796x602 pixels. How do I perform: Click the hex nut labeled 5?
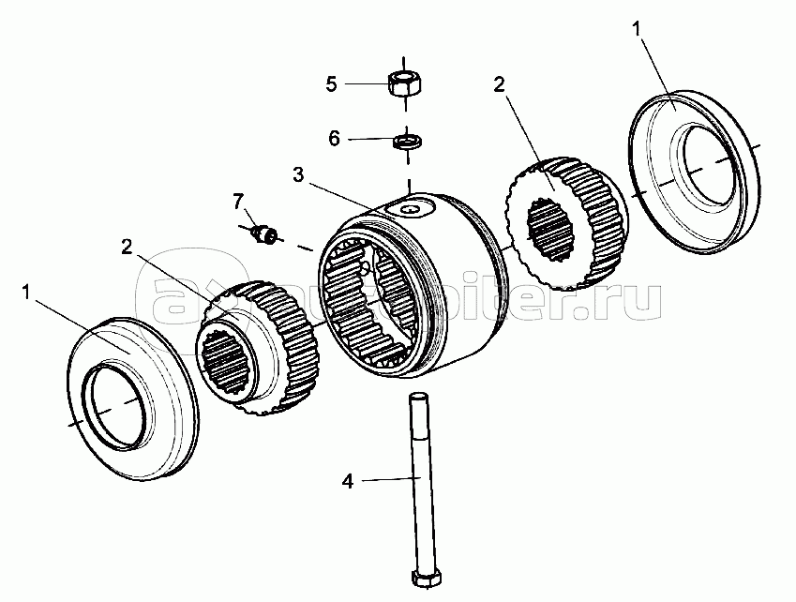click(x=405, y=82)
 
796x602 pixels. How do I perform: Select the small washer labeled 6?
click(x=408, y=141)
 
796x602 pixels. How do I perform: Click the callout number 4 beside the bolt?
click(x=347, y=483)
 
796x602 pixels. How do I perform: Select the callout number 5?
click(x=331, y=83)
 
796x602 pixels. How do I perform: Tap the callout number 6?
click(x=334, y=139)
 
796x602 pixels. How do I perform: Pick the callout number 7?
click(x=238, y=200)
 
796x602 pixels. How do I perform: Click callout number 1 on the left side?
click(x=29, y=293)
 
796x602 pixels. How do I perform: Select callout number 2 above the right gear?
click(x=499, y=83)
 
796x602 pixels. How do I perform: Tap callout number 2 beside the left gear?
click(x=126, y=247)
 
